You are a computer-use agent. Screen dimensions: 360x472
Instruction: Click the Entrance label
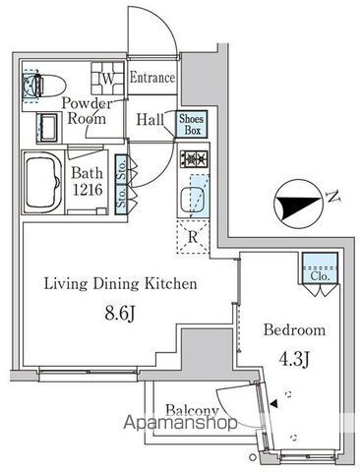pyautogui.click(x=152, y=78)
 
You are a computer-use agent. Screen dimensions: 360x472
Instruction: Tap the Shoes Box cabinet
pyautogui.click(x=192, y=124)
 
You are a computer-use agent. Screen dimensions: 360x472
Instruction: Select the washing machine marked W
pyautogui.click(x=108, y=78)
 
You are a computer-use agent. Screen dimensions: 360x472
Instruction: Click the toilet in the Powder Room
pyautogui.click(x=44, y=86)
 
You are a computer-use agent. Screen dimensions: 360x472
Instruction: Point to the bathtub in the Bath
pyautogui.click(x=43, y=183)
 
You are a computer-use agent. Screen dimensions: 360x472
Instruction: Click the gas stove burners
pyautogui.click(x=194, y=159)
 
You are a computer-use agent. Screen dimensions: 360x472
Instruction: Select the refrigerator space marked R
pyautogui.click(x=193, y=237)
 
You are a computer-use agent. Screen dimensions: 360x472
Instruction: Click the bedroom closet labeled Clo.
pyautogui.click(x=320, y=267)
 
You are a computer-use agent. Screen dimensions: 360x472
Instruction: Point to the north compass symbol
pyautogui.click(x=297, y=204)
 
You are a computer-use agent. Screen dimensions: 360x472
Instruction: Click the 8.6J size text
pyautogui.click(x=120, y=314)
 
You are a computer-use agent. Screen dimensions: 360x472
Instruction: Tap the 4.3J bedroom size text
pyautogui.click(x=295, y=359)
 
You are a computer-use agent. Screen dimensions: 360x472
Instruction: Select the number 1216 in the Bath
pyautogui.click(x=88, y=190)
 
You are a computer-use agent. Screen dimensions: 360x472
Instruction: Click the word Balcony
pyautogui.click(x=192, y=410)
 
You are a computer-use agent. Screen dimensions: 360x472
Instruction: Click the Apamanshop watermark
pyautogui.click(x=180, y=423)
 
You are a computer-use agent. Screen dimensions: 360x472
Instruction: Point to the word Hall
pyautogui.click(x=150, y=119)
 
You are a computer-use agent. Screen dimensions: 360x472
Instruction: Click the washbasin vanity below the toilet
pyautogui.click(x=47, y=128)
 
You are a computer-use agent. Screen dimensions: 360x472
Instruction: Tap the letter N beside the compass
pyautogui.click(x=333, y=197)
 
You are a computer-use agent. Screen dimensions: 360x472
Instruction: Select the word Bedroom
pyautogui.click(x=295, y=329)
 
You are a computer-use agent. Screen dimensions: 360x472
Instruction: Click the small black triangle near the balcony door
pyautogui.click(x=273, y=404)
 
